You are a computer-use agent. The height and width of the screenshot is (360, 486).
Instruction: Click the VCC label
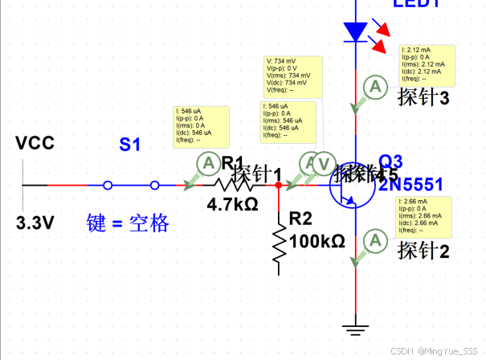(35, 144)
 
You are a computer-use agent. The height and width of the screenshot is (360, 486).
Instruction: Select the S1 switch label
(130, 145)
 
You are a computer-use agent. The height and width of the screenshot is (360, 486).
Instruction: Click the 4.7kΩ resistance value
(233, 204)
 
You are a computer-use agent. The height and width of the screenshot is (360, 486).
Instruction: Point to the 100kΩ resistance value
(317, 241)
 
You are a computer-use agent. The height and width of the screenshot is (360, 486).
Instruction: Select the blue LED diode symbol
(354, 31)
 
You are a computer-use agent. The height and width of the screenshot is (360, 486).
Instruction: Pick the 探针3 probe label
(423, 97)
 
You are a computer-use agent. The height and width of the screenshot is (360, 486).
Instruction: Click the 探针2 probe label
(423, 251)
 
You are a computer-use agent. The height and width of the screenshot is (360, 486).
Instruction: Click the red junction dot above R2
(278, 185)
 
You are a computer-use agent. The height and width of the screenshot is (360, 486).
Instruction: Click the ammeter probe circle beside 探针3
(372, 86)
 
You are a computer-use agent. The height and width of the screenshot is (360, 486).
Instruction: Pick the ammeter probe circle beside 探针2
(372, 239)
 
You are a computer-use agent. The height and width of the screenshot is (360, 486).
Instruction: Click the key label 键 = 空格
(129, 223)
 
